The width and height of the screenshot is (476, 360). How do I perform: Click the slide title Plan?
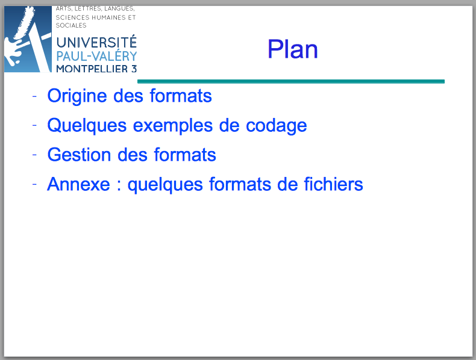[x=293, y=49]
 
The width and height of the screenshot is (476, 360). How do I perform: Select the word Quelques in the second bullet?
[x=87, y=126]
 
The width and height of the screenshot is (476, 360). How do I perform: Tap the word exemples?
[x=173, y=126]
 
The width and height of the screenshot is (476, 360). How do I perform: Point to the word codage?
[x=276, y=126]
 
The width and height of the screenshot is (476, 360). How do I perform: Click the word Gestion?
[x=79, y=155]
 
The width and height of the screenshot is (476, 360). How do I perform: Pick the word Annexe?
[x=78, y=184]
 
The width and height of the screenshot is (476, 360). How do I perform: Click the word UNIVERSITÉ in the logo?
[x=96, y=42]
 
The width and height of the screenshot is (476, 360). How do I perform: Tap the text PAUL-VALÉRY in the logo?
[x=96, y=56]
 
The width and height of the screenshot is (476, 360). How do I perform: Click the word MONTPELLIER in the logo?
[x=92, y=69]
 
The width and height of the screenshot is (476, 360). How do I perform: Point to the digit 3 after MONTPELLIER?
[x=134, y=69]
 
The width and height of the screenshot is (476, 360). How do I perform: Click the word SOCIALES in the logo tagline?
[x=71, y=25]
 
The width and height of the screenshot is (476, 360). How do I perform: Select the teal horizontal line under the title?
[x=291, y=81]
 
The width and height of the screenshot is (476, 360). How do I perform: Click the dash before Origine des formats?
[x=34, y=96]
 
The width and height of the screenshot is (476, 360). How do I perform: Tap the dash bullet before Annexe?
[x=34, y=184]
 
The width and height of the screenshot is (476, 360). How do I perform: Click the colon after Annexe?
[x=119, y=185]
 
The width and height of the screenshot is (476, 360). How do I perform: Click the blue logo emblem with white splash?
[x=28, y=39]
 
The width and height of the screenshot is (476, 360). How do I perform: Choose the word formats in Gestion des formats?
[x=185, y=155]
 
